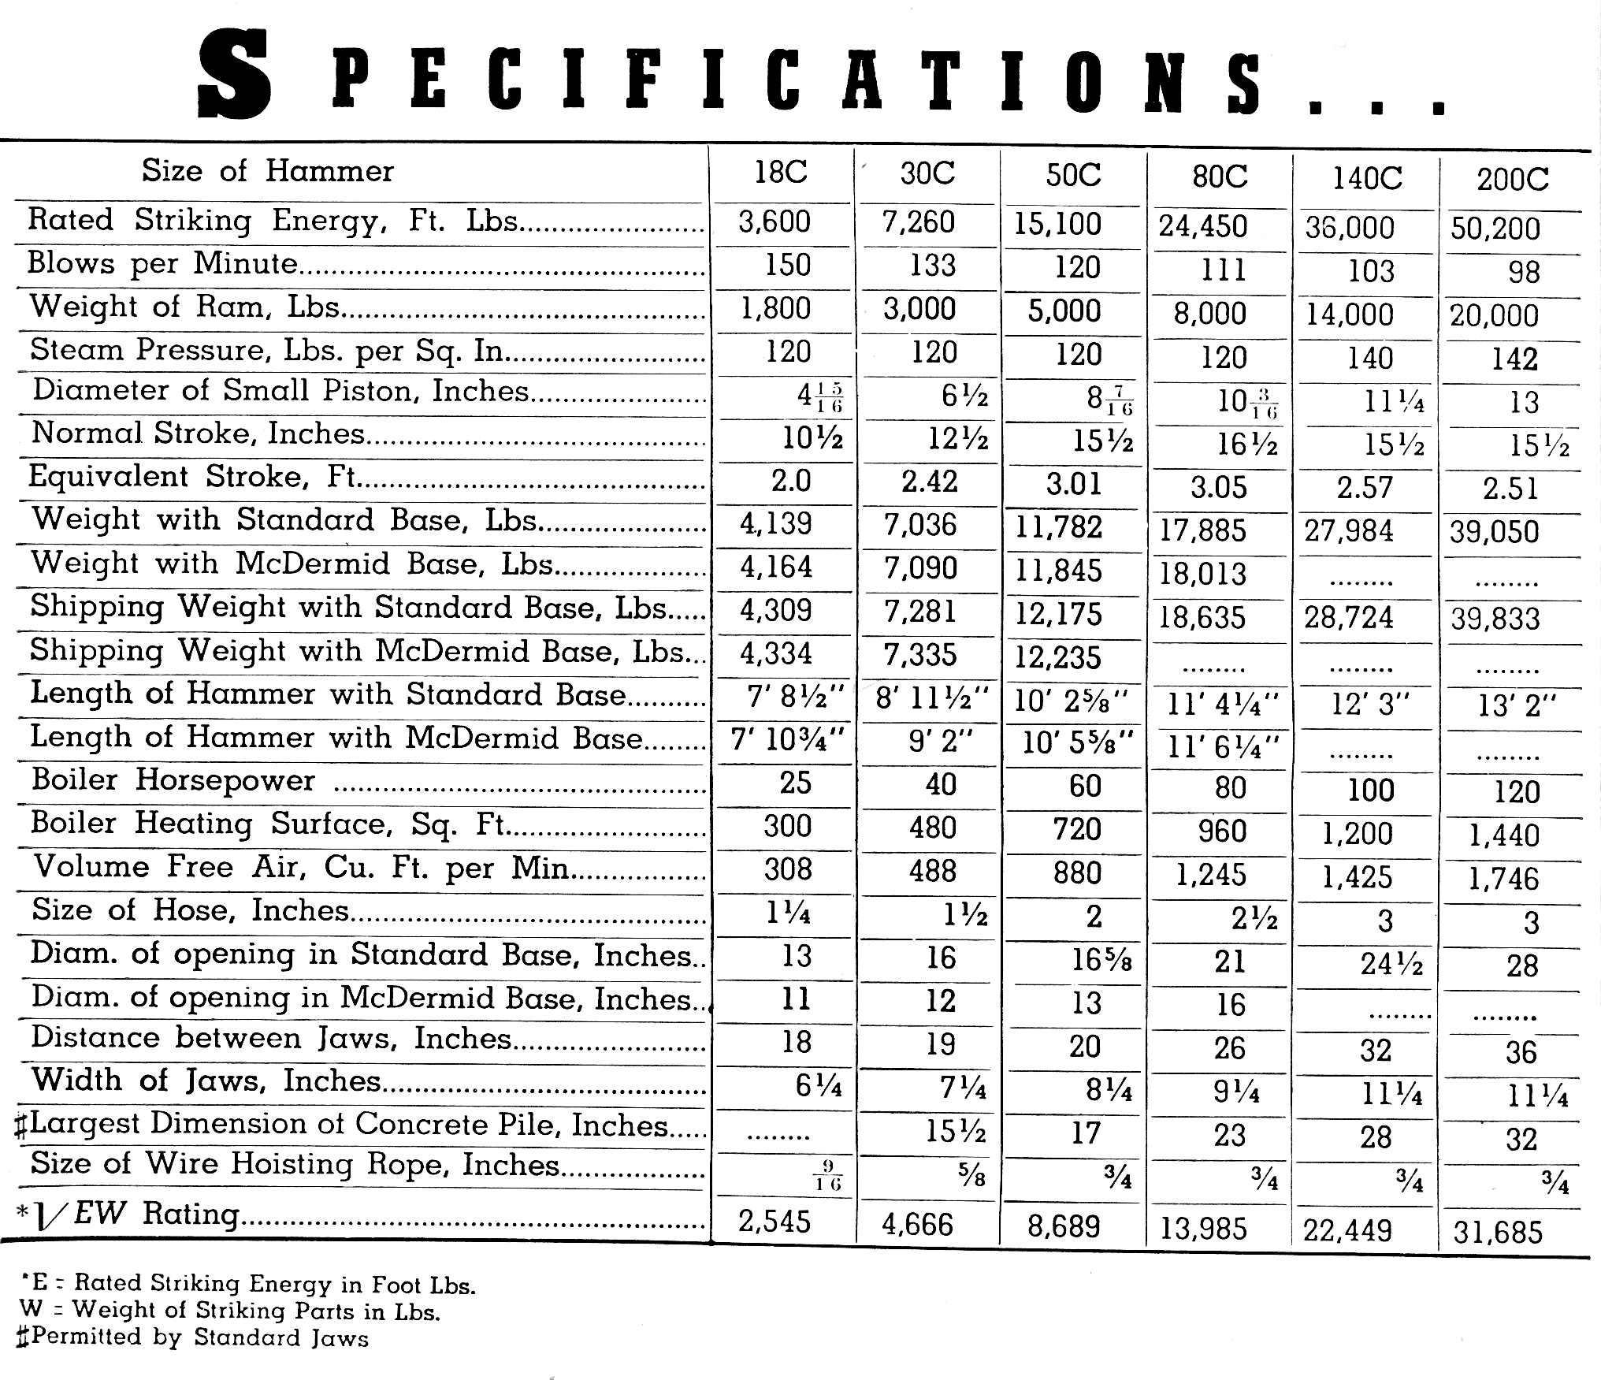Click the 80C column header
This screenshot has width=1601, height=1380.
click(x=1220, y=177)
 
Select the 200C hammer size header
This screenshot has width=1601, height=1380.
click(x=1512, y=180)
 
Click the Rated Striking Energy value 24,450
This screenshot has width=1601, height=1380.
click(x=1202, y=227)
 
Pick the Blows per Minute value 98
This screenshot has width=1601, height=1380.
click(x=1523, y=272)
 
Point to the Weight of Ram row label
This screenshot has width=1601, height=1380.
click(x=185, y=306)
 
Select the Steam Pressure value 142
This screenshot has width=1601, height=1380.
click(x=1514, y=359)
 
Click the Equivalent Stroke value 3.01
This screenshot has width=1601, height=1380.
click(x=1074, y=484)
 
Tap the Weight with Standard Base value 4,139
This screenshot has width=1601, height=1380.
click(x=775, y=523)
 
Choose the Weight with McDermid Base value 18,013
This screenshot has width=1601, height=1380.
click(x=1202, y=574)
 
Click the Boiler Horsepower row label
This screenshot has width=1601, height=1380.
click(x=173, y=779)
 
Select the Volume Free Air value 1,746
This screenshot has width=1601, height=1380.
click(x=1503, y=879)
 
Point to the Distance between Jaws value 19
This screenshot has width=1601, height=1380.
click(x=940, y=1044)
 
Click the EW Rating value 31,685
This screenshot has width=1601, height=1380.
click(x=1498, y=1232)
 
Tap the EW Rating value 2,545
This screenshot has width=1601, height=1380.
click(x=774, y=1221)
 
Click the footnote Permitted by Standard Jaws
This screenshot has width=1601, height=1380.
click(x=193, y=1337)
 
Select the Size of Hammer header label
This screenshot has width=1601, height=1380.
click(x=267, y=171)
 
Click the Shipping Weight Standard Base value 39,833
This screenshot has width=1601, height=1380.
click(x=1495, y=619)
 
